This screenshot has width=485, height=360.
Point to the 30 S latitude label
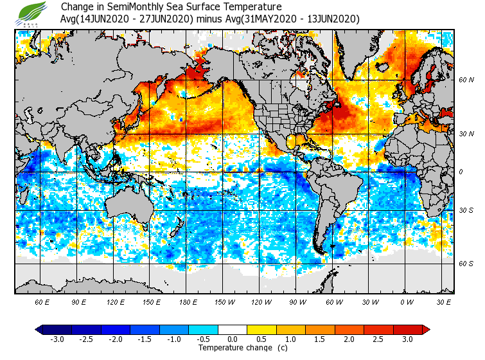click(466, 211)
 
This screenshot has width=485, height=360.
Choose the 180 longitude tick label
click(188, 301)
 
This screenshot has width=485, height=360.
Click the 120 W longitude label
click(261, 301)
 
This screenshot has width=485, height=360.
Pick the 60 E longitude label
click(42, 301)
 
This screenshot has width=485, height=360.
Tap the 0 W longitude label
click(406, 301)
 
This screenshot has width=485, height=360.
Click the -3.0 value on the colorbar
click(57, 339)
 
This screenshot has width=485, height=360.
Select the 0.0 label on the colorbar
click(232, 339)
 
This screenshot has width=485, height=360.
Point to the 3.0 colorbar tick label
click(407, 339)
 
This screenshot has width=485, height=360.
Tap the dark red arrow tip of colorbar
click(426, 330)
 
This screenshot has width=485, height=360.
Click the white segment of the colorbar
click(232, 330)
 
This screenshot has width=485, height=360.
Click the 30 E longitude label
click(444, 301)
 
